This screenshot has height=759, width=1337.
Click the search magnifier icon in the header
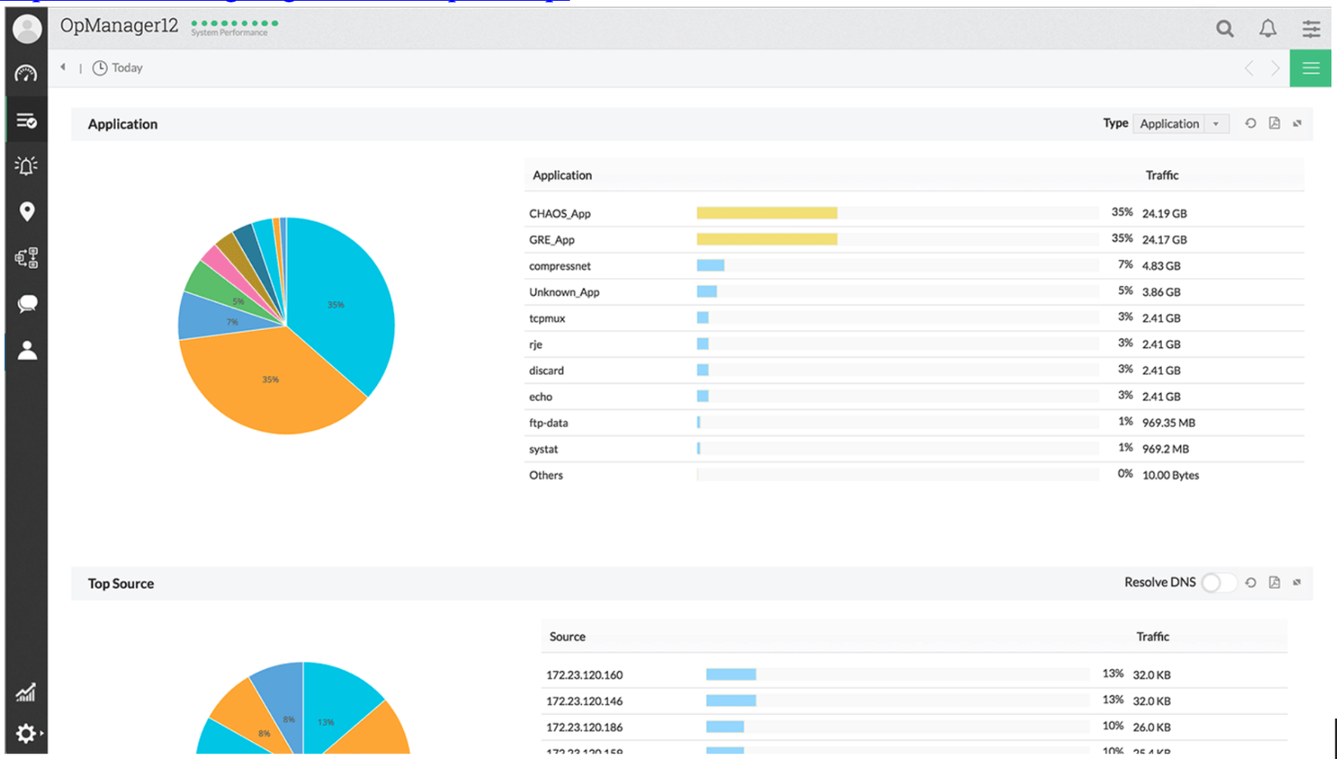coord(1225,29)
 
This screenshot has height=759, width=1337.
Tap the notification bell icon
coord(1268,29)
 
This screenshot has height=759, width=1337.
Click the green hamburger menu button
coord(1310,68)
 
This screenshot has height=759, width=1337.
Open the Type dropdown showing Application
coord(1180,124)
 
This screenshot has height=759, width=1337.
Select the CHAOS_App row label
coord(559,214)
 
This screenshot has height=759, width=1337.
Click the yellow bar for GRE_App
coord(767,240)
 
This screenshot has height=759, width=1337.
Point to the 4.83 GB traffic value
coord(1161,266)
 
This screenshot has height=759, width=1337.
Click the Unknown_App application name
coord(564,292)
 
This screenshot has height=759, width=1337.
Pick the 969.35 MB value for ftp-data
coord(1168,423)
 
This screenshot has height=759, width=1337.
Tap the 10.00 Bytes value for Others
coord(1170,475)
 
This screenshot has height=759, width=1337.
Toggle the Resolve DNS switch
coord(1218,583)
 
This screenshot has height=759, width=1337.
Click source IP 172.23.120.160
coord(584,675)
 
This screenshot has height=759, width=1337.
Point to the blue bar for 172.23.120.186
coord(725,727)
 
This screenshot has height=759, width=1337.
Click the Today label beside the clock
coord(127,68)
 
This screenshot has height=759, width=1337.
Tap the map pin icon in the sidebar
coord(27,211)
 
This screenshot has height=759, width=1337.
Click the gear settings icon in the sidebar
coord(26,733)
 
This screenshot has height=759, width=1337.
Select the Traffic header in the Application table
coord(1162,175)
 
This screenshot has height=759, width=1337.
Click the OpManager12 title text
coord(119,26)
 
